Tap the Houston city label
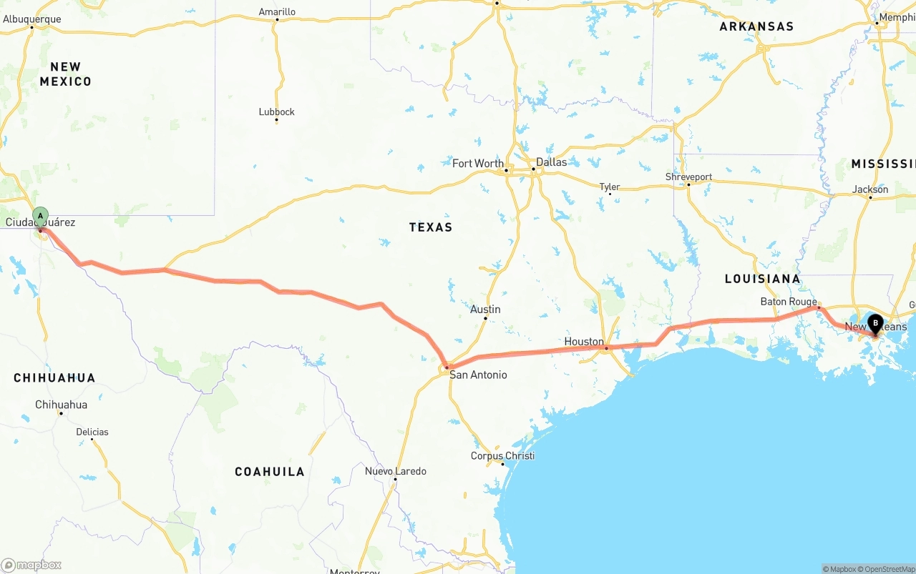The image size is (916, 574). tap(584, 342)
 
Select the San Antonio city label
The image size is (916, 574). tap(478, 375)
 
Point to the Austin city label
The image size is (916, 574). tap(485, 310)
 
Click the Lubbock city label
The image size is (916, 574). tap(276, 112)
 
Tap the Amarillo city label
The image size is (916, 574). tap(277, 11)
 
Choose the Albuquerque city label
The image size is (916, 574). tap(32, 19)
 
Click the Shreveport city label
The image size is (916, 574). tap(688, 177)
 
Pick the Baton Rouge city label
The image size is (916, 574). tap(789, 302)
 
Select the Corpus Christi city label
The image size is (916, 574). tap(502, 456)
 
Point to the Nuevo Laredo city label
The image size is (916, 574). tap(395, 471)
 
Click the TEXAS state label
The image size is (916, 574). tap(431, 227)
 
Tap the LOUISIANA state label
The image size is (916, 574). tap(762, 279)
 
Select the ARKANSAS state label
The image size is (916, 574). tap(756, 26)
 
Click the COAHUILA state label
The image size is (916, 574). tap(270, 472)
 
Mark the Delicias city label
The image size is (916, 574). tap(92, 432)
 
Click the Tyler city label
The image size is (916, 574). tap(610, 187)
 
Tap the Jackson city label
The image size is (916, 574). tap(870, 189)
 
